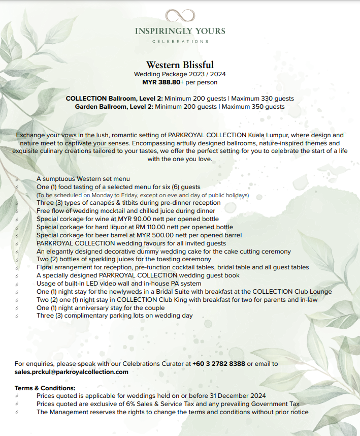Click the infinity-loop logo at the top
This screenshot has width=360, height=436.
(x=180, y=15)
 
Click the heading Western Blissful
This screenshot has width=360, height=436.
(x=180, y=65)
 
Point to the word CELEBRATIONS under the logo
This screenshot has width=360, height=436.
(x=180, y=41)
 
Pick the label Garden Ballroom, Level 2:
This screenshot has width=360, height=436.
(x=114, y=107)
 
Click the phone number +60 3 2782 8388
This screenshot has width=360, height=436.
(x=219, y=364)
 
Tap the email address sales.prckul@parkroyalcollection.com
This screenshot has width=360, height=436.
(x=72, y=372)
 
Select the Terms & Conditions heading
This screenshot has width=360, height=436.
(x=45, y=388)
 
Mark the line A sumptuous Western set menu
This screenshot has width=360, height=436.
(x=83, y=179)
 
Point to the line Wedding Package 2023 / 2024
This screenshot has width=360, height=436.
(x=180, y=74)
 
